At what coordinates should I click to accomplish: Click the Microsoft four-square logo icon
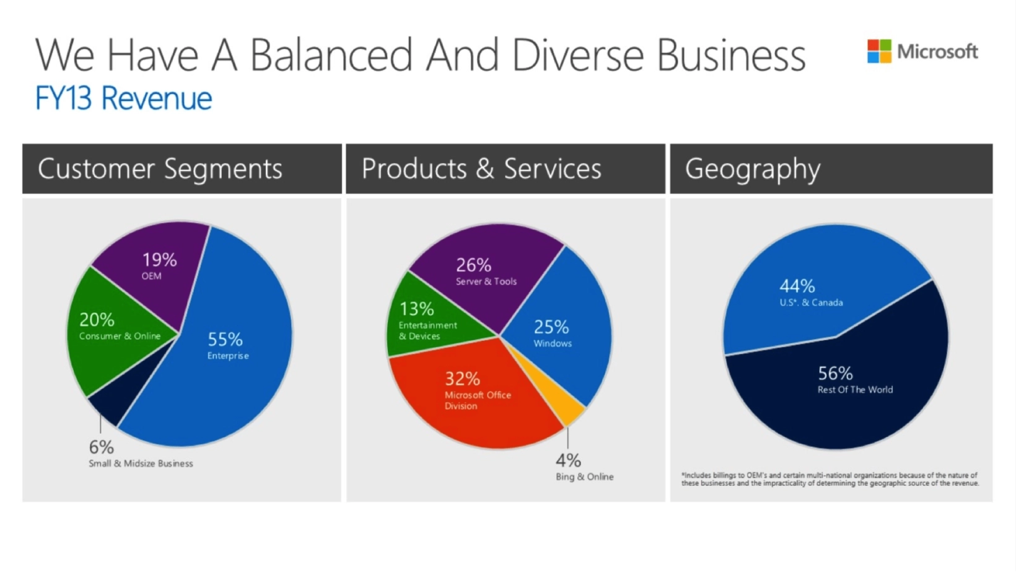point(878,51)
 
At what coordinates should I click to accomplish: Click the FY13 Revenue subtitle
point(123,99)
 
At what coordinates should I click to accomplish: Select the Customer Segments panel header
point(160,169)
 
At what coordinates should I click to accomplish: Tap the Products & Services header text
point(481,169)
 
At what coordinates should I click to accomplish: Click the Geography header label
point(752,169)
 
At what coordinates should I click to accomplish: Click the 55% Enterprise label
point(227,346)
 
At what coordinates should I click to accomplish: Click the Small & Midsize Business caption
point(141,464)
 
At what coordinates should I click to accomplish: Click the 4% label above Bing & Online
point(568,460)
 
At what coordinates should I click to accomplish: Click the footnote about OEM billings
point(830,479)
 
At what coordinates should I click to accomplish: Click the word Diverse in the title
point(579,55)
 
